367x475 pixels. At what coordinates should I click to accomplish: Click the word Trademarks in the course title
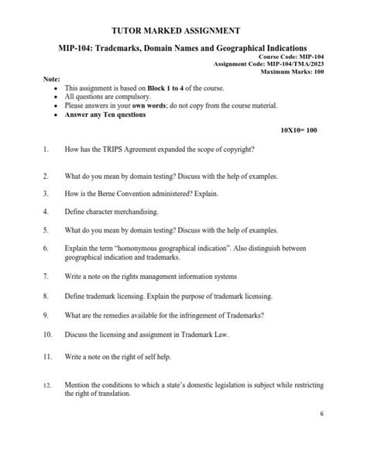pos(122,48)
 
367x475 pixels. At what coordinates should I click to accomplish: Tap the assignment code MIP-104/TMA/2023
pos(294,64)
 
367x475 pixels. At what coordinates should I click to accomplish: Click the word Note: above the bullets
pos(52,80)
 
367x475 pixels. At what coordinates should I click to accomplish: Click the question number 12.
pos(47,385)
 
